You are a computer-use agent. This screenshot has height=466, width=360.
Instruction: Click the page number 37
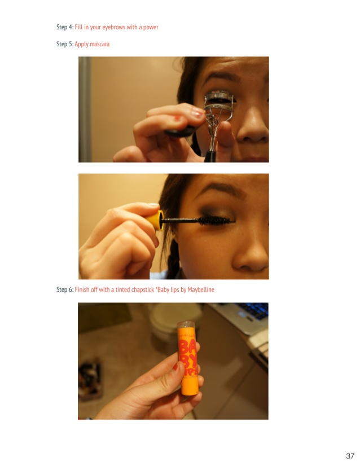point(350,456)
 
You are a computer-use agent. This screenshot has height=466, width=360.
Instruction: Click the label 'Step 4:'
point(65,27)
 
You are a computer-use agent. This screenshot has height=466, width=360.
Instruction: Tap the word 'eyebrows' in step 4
point(113,27)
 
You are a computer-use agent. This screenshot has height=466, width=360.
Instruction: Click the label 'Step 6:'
point(65,289)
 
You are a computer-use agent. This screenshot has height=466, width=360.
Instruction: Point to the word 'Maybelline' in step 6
point(201,289)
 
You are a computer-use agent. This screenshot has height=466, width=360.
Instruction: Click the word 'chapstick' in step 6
point(141,289)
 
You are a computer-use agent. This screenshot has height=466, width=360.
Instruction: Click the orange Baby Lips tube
point(187,358)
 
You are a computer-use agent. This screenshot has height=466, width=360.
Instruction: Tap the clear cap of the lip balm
point(186,325)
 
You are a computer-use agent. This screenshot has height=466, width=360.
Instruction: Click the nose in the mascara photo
point(251,256)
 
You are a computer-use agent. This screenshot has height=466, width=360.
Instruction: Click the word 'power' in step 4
point(151,28)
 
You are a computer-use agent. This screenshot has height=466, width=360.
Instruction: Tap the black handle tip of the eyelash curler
point(210,157)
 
